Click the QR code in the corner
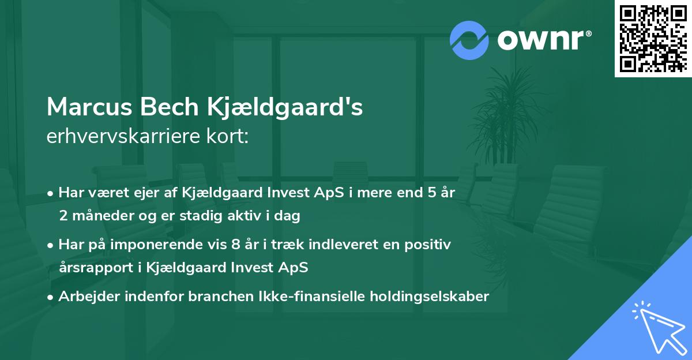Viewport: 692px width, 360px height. click(653, 38)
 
